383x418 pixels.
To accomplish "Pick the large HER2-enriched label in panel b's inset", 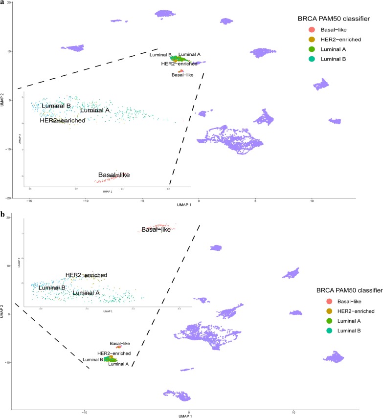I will click(86, 275).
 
